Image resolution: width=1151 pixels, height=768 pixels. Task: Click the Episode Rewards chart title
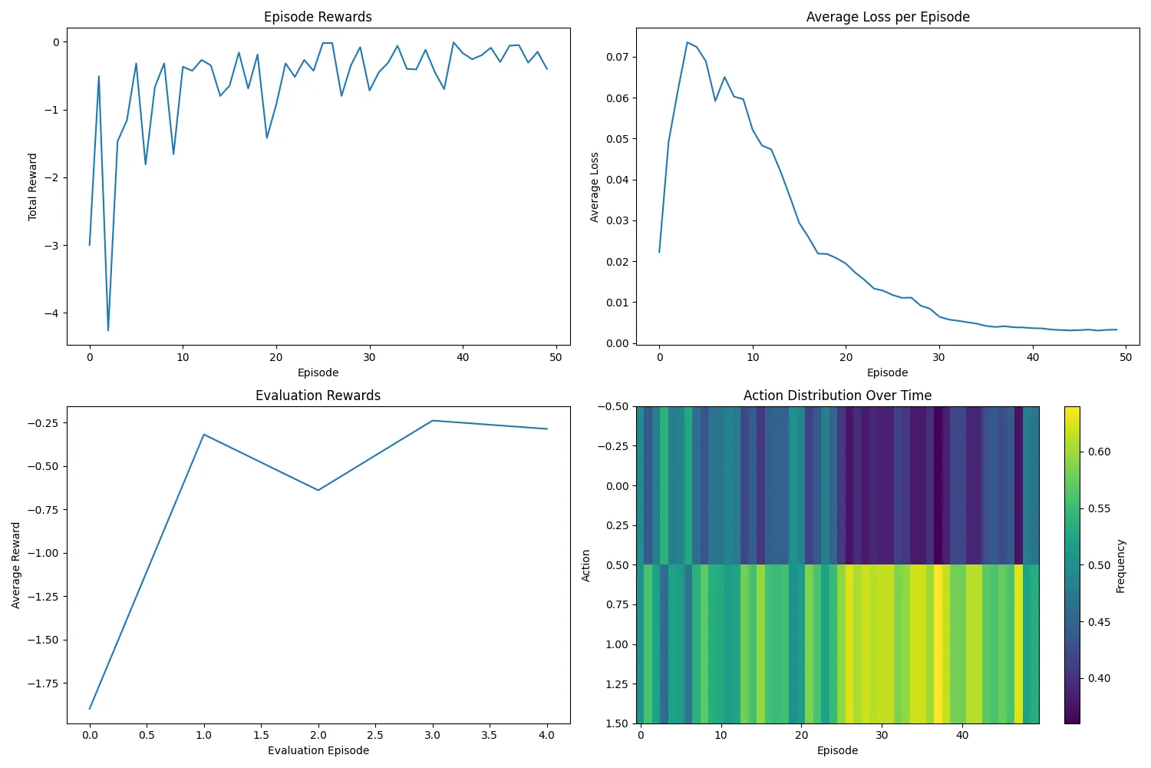click(318, 17)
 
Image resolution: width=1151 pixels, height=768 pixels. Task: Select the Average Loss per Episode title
click(887, 17)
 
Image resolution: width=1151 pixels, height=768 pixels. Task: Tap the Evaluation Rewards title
click(318, 396)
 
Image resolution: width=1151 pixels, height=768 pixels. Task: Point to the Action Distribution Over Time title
click(837, 396)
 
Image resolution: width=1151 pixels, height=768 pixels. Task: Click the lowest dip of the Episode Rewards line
click(108, 330)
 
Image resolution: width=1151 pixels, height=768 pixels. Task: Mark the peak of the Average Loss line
click(688, 42)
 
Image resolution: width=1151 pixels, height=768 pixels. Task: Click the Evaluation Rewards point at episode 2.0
click(318, 490)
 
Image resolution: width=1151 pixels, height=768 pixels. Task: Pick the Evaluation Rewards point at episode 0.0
click(90, 708)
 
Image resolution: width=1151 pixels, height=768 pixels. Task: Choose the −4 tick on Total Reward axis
click(51, 313)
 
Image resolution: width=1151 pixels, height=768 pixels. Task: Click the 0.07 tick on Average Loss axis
click(617, 57)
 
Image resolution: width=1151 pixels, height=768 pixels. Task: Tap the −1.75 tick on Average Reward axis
click(45, 684)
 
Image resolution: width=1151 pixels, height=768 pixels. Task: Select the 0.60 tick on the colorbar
click(1099, 452)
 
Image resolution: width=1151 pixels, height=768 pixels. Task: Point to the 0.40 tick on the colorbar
click(1099, 678)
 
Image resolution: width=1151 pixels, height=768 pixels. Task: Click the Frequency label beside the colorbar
click(1121, 566)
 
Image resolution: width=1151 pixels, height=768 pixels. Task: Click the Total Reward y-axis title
click(32, 187)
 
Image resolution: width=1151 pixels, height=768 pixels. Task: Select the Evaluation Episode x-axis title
click(318, 750)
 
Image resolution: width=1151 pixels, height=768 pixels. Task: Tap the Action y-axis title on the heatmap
click(586, 565)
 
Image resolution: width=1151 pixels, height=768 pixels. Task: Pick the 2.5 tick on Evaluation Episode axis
click(375, 735)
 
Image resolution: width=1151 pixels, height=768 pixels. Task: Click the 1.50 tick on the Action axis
click(616, 723)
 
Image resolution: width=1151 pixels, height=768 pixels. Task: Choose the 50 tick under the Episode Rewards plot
click(556, 357)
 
